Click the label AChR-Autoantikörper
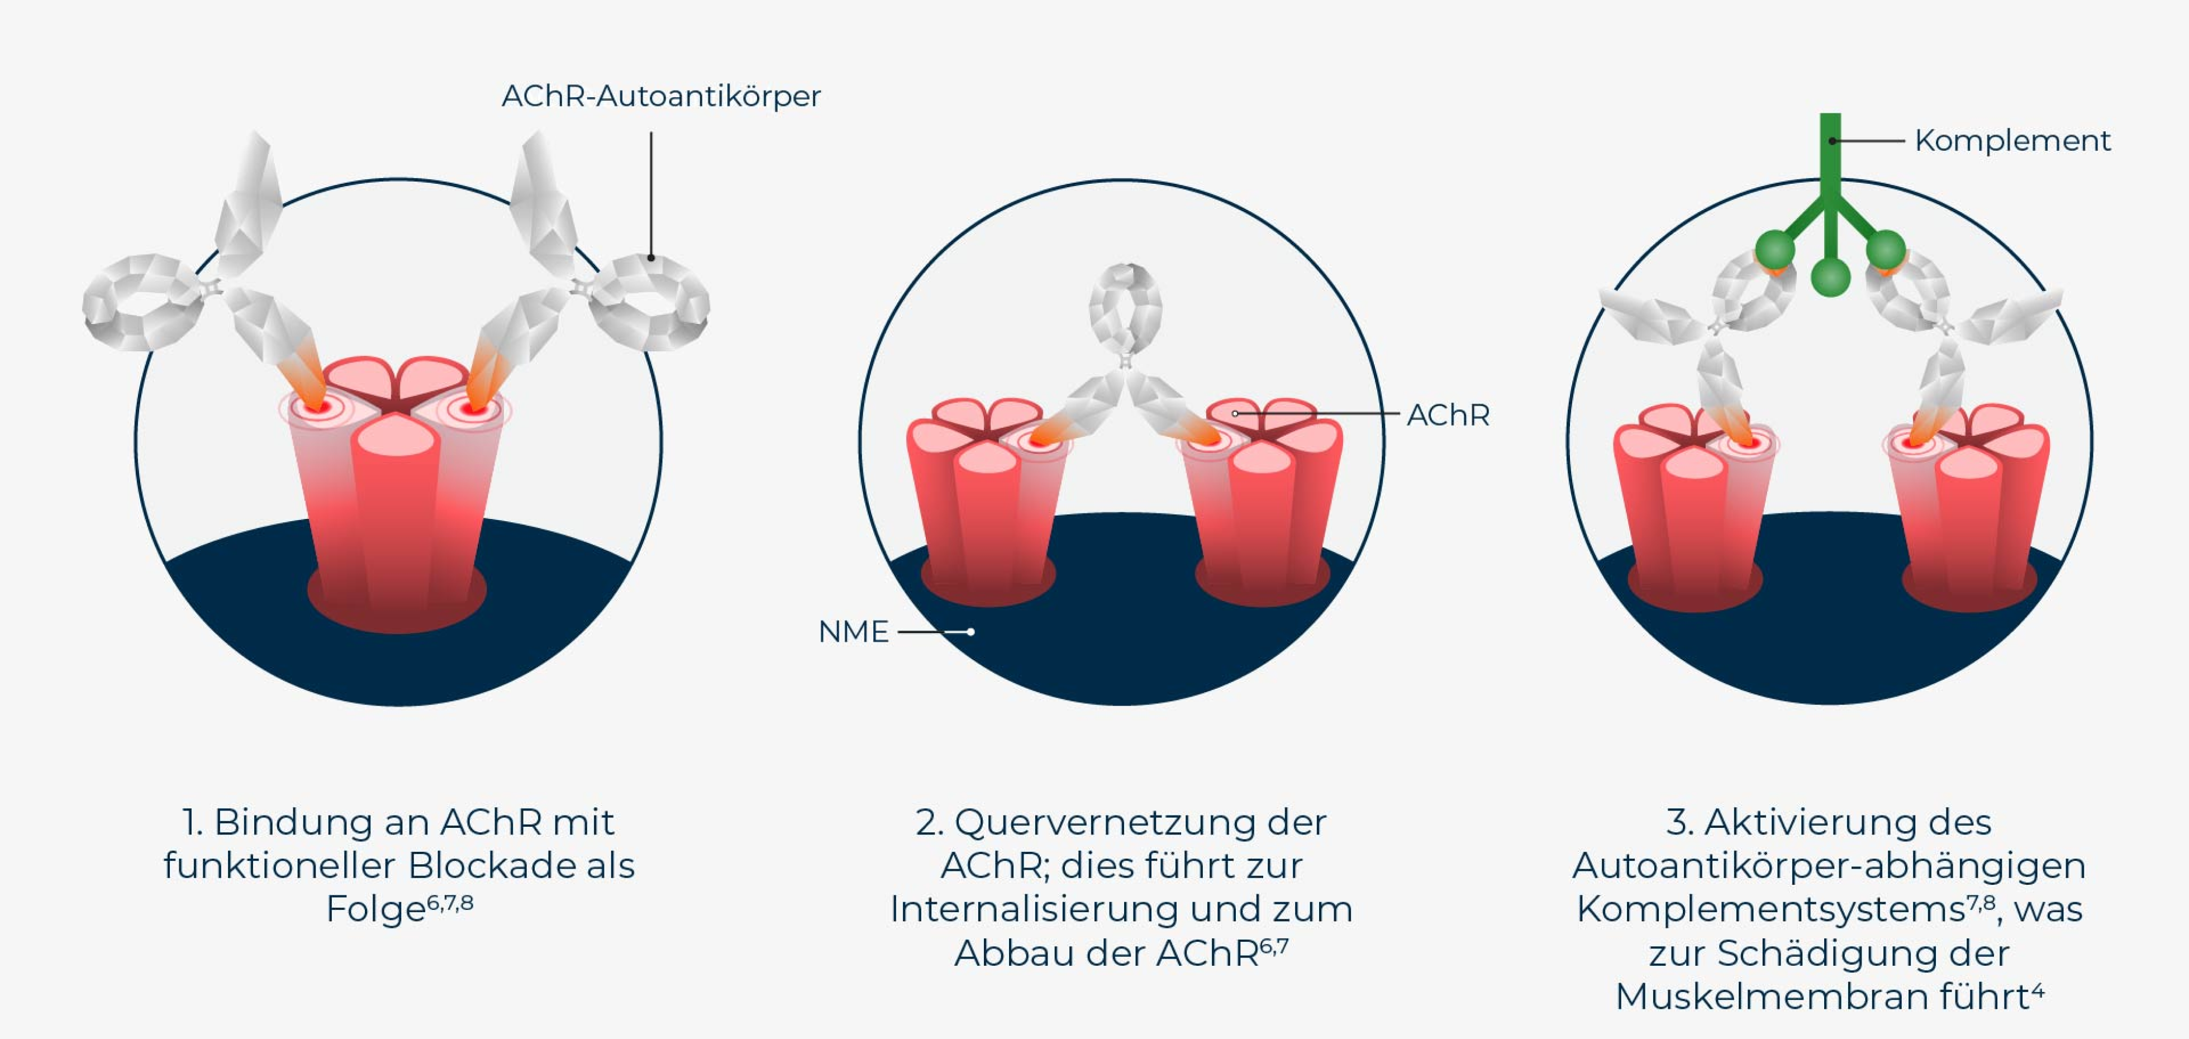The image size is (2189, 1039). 661,97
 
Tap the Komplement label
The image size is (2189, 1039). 2012,140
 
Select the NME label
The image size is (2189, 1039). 853,632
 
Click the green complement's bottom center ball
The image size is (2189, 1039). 1830,277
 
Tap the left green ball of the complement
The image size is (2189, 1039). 1775,250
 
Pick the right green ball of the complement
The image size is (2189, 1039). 1886,250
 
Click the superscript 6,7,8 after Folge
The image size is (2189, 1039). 450,902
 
